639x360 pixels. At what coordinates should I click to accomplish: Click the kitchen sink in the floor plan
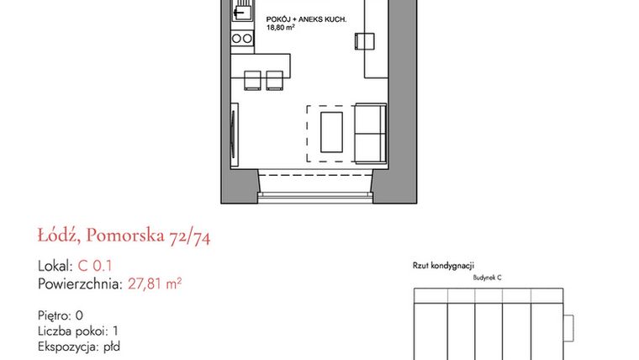(242, 13)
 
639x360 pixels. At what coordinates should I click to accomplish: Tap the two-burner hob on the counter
(241, 38)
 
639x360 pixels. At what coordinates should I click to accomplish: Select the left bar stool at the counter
(252, 79)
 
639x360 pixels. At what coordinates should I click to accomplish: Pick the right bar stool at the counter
(274, 79)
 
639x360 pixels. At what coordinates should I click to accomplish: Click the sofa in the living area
(370, 133)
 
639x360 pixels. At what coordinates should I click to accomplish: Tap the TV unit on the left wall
(233, 133)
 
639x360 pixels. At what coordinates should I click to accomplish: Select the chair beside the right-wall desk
(363, 42)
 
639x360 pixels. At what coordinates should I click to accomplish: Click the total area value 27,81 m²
(155, 283)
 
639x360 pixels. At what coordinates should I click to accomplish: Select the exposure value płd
(111, 346)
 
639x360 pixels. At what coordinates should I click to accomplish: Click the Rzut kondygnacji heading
(445, 264)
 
